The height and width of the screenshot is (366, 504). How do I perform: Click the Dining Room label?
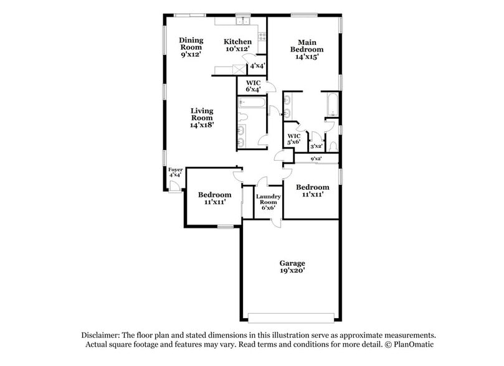(191, 47)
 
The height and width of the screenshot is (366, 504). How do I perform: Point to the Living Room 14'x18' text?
(202, 118)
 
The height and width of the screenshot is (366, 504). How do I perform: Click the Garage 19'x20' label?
(292, 267)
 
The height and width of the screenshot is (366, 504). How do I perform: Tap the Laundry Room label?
(269, 202)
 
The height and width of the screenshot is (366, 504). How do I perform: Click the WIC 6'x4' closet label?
(253, 86)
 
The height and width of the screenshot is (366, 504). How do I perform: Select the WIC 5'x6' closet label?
(293, 139)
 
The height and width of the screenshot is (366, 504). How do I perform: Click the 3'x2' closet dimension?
(316, 146)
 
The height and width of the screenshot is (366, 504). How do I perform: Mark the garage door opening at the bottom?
(291, 314)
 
